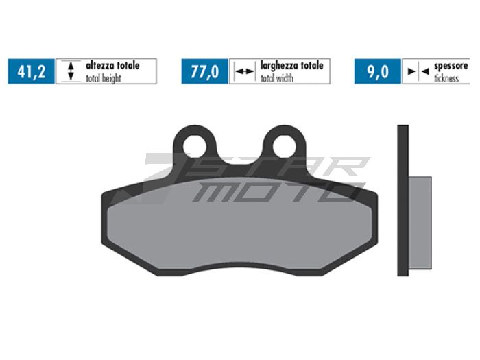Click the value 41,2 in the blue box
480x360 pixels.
[x=32, y=71]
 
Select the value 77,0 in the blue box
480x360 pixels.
[x=205, y=71]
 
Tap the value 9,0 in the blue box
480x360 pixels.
[x=378, y=71]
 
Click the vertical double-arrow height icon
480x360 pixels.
[x=68, y=71]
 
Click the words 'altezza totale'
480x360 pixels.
[x=112, y=66]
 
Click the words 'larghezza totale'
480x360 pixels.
[x=291, y=66]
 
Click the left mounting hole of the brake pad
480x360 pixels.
[x=195, y=145]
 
